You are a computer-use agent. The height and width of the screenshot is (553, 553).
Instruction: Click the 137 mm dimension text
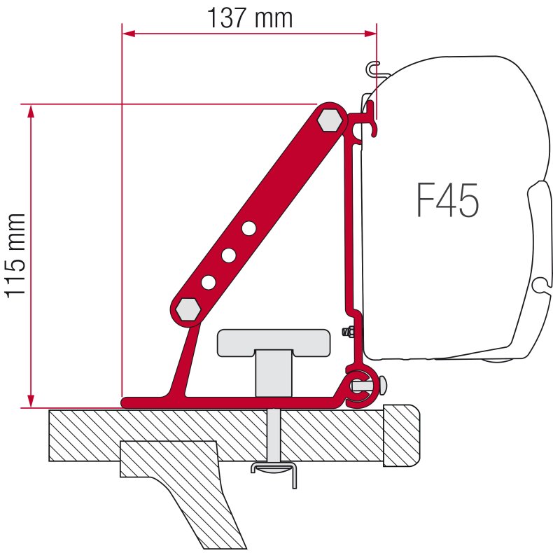[x=249, y=17]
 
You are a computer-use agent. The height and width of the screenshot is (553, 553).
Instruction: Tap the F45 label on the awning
[x=447, y=201]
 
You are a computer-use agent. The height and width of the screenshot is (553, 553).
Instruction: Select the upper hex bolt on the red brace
[x=329, y=120]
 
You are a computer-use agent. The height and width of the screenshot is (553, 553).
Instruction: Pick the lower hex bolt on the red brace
[x=188, y=308]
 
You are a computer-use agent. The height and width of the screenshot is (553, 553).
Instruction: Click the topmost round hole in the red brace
[x=249, y=227]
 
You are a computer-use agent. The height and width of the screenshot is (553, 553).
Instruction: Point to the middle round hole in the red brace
[x=229, y=255]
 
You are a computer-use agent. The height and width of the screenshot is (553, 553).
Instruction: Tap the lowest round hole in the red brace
[x=209, y=282]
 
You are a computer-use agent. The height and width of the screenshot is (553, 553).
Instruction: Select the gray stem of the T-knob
[x=273, y=374]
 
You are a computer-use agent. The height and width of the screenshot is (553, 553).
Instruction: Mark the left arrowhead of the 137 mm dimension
[x=128, y=32]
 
